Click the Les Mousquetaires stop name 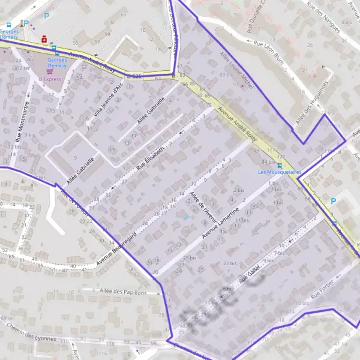point(279,172)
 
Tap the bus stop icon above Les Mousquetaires point(280,165)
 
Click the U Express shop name point(51,79)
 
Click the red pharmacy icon point(44,39)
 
